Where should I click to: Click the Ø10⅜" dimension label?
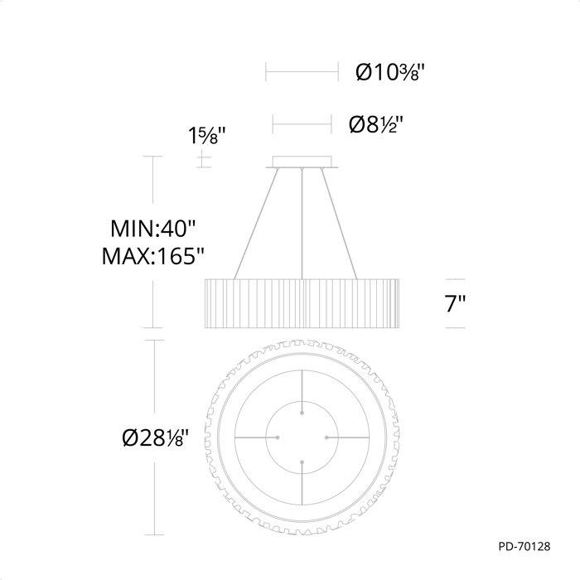click(390, 72)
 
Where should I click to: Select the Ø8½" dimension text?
click(375, 124)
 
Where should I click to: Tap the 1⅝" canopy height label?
click(207, 135)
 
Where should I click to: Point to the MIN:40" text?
click(152, 228)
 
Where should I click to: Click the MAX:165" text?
click(152, 255)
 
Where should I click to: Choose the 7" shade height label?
click(455, 303)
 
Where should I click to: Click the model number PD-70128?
click(524, 546)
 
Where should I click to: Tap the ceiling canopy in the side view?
click(302, 162)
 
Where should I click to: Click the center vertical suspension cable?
click(302, 224)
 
